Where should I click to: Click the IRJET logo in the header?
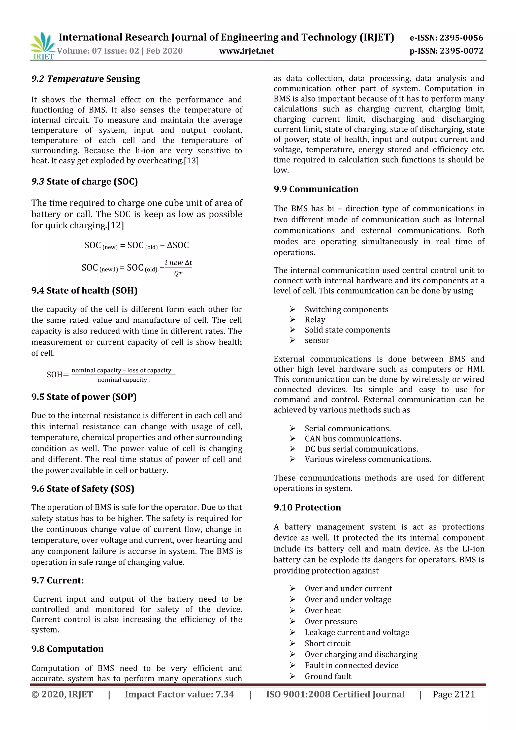click(42, 46)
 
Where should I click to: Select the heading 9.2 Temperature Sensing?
click(85, 79)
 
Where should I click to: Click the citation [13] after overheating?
click(191, 161)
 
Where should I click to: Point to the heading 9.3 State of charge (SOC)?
click(84, 181)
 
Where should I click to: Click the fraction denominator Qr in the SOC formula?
click(178, 273)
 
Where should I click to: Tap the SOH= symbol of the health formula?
click(57, 375)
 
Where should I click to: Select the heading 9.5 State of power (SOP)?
click(84, 397)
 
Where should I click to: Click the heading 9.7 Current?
click(57, 580)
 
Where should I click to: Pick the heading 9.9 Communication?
click(316, 189)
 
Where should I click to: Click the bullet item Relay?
click(315, 320)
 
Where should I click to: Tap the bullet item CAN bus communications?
click(353, 439)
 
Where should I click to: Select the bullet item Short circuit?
click(327, 644)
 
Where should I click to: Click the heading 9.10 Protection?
click(307, 507)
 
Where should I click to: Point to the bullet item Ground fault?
click(328, 676)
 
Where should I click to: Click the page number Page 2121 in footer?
click(454, 694)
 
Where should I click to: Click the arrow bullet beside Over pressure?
click(293, 621)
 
